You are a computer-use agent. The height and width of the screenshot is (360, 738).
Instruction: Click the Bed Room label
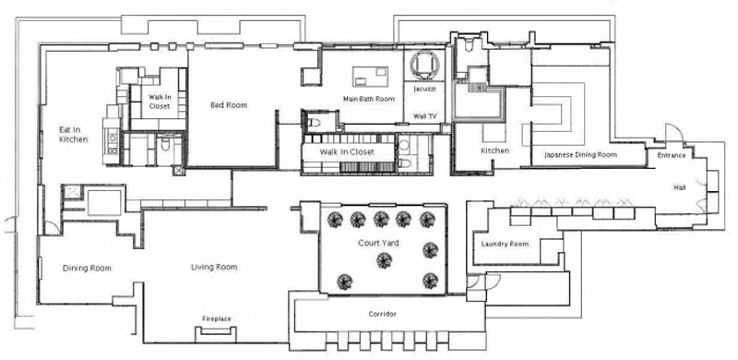pyautogui.click(x=229, y=105)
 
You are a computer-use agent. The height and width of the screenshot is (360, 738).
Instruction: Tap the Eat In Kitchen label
pyautogui.click(x=74, y=134)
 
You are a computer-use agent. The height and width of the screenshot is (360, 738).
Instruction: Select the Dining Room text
pyautogui.click(x=87, y=268)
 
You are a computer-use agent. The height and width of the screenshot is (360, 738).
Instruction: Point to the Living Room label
pyautogui.click(x=214, y=267)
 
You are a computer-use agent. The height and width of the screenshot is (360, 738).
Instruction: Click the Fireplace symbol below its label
pyautogui.click(x=216, y=333)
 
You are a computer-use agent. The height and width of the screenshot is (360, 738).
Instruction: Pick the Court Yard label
pyautogui.click(x=378, y=243)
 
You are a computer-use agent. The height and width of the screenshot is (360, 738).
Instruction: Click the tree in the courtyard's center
pyautogui.click(x=384, y=260)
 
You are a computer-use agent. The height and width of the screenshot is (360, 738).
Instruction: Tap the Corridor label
pyautogui.click(x=382, y=314)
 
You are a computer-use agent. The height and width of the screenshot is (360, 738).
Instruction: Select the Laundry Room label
pyautogui.click(x=505, y=244)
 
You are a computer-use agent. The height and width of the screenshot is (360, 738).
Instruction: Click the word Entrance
pyautogui.click(x=672, y=155)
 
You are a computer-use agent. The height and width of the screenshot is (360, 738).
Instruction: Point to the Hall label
pyautogui.click(x=680, y=187)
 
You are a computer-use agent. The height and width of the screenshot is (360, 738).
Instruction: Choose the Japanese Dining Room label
pyautogui.click(x=581, y=154)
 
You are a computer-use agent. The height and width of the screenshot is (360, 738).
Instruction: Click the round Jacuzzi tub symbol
pyautogui.click(x=424, y=65)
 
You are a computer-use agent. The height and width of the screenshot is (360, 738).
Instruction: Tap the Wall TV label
pyautogui.click(x=425, y=115)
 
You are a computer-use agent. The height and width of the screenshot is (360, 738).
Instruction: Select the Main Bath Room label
pyautogui.click(x=368, y=99)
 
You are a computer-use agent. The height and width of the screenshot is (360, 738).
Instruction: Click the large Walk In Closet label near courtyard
pyautogui.click(x=347, y=151)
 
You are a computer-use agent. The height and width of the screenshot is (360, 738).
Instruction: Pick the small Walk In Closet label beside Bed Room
pyautogui.click(x=160, y=102)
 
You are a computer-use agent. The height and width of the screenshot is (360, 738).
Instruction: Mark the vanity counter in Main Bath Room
pyautogui.click(x=371, y=77)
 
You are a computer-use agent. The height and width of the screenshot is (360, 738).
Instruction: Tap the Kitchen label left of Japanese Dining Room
pyautogui.click(x=494, y=150)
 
